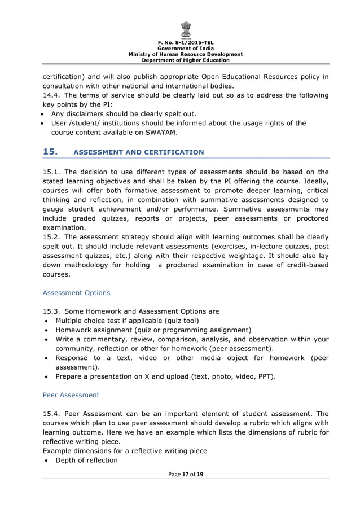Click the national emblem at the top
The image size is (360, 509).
tap(186, 29)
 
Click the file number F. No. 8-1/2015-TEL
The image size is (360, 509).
tap(186, 43)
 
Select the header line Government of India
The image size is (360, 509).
tap(186, 49)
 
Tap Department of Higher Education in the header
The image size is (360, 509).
tap(186, 60)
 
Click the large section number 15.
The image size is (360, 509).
tap(51, 152)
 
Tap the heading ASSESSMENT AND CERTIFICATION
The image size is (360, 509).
tap(139, 152)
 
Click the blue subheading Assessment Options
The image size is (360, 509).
tap(76, 293)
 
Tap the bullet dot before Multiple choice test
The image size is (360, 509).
tap(46, 321)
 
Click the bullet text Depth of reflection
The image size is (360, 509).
tap(86, 460)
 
